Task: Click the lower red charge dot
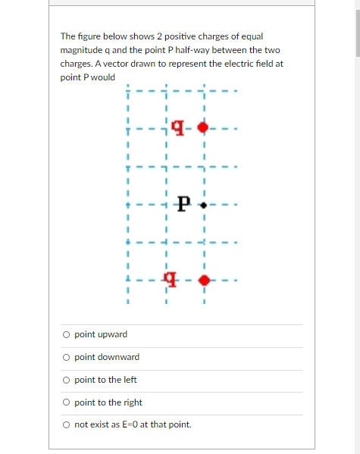click(203, 281)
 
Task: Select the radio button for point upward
click(67, 334)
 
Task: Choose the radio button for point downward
click(67, 357)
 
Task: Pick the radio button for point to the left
click(67, 380)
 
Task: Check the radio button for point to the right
click(67, 402)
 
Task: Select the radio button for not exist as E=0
click(67, 424)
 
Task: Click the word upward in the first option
click(112, 334)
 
